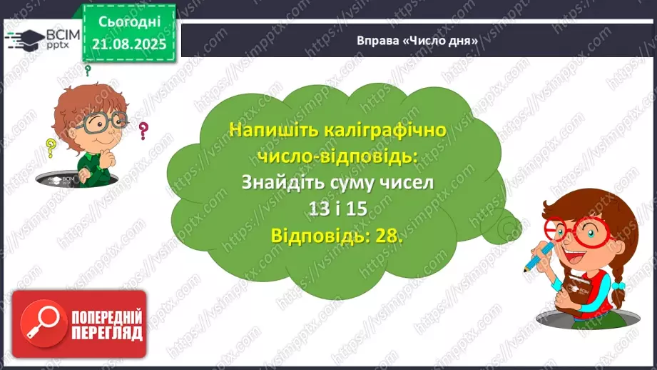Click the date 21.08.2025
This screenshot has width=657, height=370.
coord(128,44)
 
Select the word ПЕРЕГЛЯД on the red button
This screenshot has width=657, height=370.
coord(107,334)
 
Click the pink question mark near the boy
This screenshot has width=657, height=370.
coord(143,131)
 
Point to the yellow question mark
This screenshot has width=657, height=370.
coord(51,148)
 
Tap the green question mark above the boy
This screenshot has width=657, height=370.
coord(88,70)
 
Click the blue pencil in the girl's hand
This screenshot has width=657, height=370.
coord(536,258)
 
